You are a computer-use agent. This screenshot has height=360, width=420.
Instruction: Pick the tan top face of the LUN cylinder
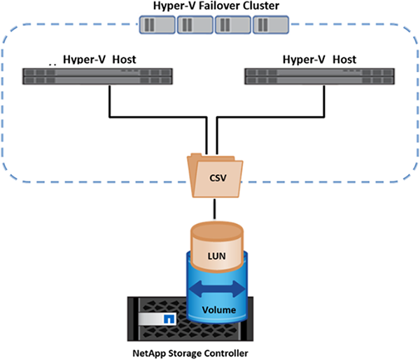click(x=216, y=232)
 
